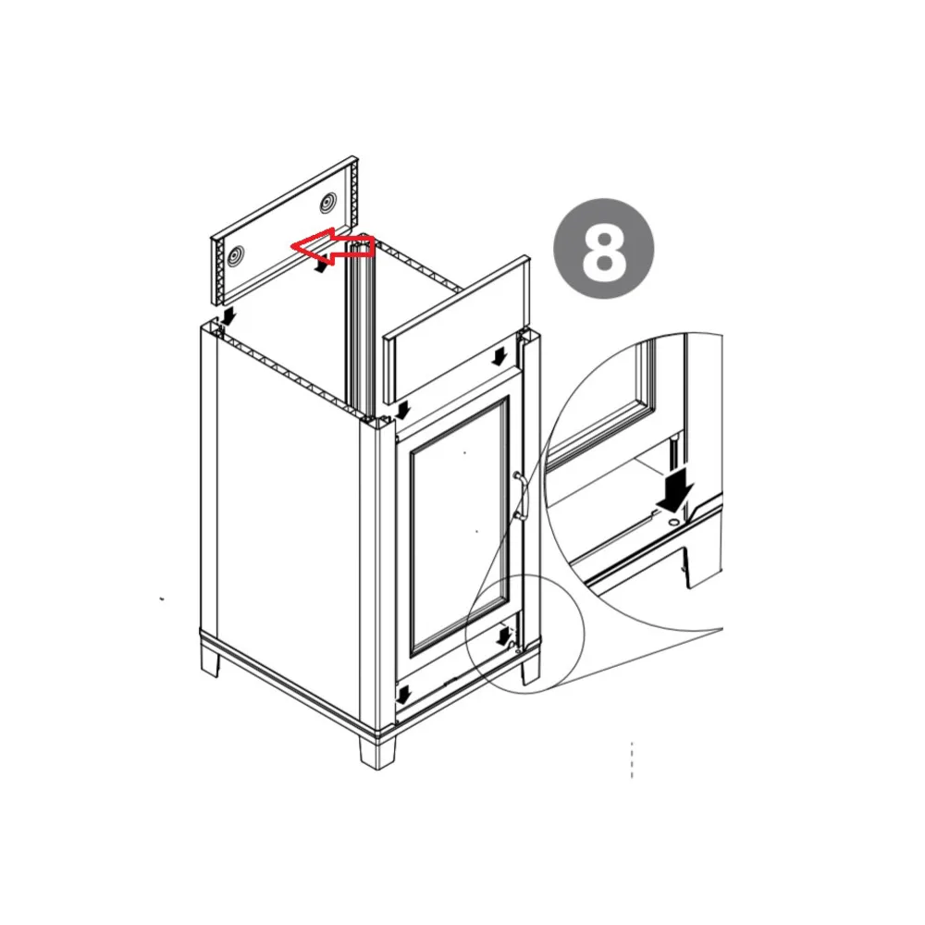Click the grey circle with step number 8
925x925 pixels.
603,249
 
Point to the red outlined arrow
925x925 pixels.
333,247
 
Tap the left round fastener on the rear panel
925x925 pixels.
235,256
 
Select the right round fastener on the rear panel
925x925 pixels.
327,204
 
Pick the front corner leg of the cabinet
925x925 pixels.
377,751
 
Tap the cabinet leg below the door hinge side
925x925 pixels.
530,670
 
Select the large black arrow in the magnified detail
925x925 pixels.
676,494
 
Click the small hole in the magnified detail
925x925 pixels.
673,523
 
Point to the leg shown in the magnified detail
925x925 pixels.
702,565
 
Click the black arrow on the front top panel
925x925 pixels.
500,356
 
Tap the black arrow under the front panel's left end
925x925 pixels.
403,411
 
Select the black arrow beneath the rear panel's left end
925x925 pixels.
228,316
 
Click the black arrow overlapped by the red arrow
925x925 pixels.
322,266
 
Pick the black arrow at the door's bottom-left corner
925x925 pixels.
403,695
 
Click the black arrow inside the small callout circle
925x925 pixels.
504,636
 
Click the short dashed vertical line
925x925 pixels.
632,759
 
